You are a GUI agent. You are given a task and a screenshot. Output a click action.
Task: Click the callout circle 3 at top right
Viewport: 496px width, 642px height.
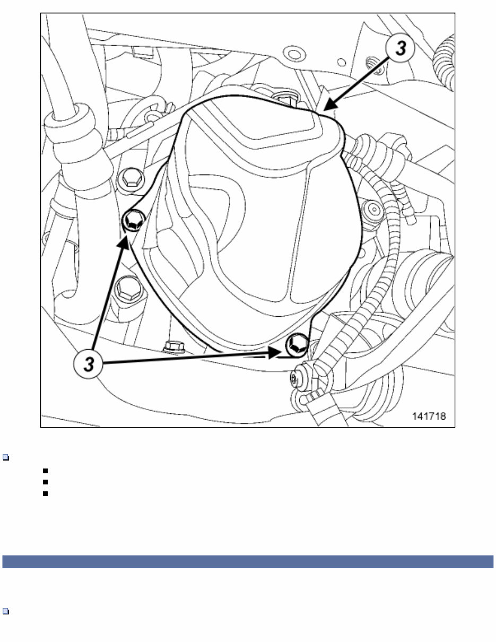pyautogui.click(x=402, y=48)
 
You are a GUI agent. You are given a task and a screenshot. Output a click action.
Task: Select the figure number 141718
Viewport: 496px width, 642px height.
pyautogui.click(x=429, y=417)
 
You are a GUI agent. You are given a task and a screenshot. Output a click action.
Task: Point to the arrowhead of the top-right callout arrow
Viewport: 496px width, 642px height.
pyautogui.click(x=328, y=108)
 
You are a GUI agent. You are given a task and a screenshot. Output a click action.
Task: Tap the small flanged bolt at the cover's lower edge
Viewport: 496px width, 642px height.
pyautogui.click(x=173, y=347)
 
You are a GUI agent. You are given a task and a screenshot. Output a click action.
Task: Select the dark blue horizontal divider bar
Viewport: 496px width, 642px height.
pyautogui.click(x=248, y=562)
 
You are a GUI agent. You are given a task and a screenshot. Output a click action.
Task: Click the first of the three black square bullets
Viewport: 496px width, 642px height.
pyautogui.click(x=47, y=471)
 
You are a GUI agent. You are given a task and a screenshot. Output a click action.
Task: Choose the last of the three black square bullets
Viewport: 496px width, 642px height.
pyautogui.click(x=47, y=493)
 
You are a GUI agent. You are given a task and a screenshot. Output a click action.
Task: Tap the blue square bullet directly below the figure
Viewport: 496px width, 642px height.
pyautogui.click(x=5, y=457)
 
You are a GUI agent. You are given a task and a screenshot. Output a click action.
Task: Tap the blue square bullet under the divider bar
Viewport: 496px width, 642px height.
pyautogui.click(x=5, y=611)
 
